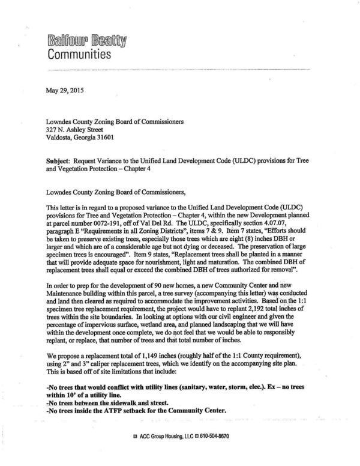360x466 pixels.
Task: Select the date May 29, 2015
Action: click(65, 91)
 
